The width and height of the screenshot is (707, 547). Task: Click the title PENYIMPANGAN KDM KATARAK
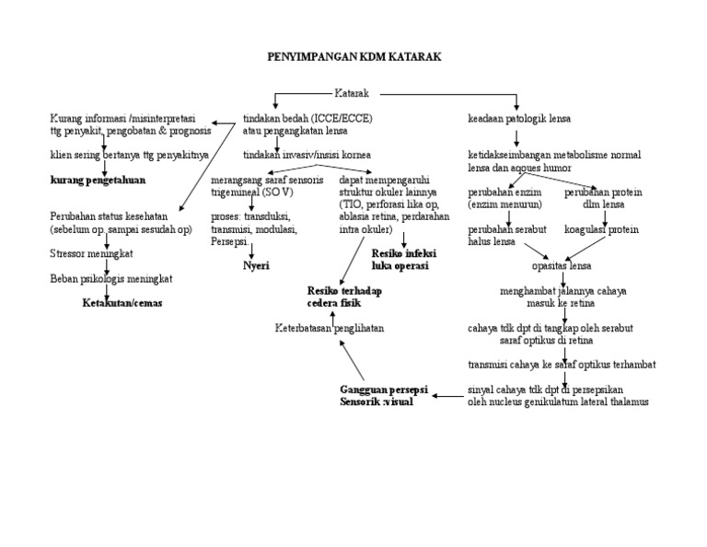coord(353,57)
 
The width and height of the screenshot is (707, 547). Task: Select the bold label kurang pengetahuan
coord(98,180)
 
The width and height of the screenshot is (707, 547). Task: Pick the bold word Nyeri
coord(255,265)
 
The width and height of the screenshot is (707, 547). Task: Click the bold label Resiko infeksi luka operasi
coord(403,258)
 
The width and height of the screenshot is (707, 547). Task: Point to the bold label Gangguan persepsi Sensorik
coord(377,396)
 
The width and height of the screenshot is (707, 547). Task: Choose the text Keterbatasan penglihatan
coord(330,328)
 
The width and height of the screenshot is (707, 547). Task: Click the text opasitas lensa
coord(562,265)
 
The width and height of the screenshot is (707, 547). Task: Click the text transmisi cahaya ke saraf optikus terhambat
coord(562,365)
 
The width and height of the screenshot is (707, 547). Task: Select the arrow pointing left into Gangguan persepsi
coord(447,397)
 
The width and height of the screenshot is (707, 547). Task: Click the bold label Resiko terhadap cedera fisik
coord(344,297)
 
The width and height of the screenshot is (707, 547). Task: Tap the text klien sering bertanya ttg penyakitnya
coord(129,154)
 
